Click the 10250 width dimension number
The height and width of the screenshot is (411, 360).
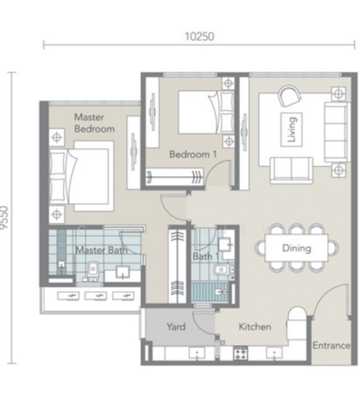coord(199,37)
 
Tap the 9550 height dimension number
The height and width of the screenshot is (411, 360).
coord(5,218)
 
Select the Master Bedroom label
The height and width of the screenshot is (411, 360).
coord(94,123)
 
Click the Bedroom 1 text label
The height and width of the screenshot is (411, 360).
coord(193,154)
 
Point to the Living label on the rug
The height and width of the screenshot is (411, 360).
coord(292,129)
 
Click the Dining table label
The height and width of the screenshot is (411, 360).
coord(296,248)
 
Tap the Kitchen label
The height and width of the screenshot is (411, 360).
coord(255,327)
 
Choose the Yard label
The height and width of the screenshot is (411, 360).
coord(176,327)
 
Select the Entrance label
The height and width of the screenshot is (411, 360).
coord(331,345)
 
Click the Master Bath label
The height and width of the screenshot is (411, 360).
coord(101,250)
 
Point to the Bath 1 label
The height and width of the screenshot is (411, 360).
coord(206,256)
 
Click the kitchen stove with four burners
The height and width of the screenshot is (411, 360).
coord(240,353)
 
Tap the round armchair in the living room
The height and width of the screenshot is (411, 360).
coord(290,96)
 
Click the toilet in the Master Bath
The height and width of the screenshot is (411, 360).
coord(93,270)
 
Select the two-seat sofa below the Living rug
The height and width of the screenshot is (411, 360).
coord(292,171)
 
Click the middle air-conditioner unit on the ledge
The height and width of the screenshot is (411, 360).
coord(96,296)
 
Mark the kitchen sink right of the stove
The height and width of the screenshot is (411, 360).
coord(274,353)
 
